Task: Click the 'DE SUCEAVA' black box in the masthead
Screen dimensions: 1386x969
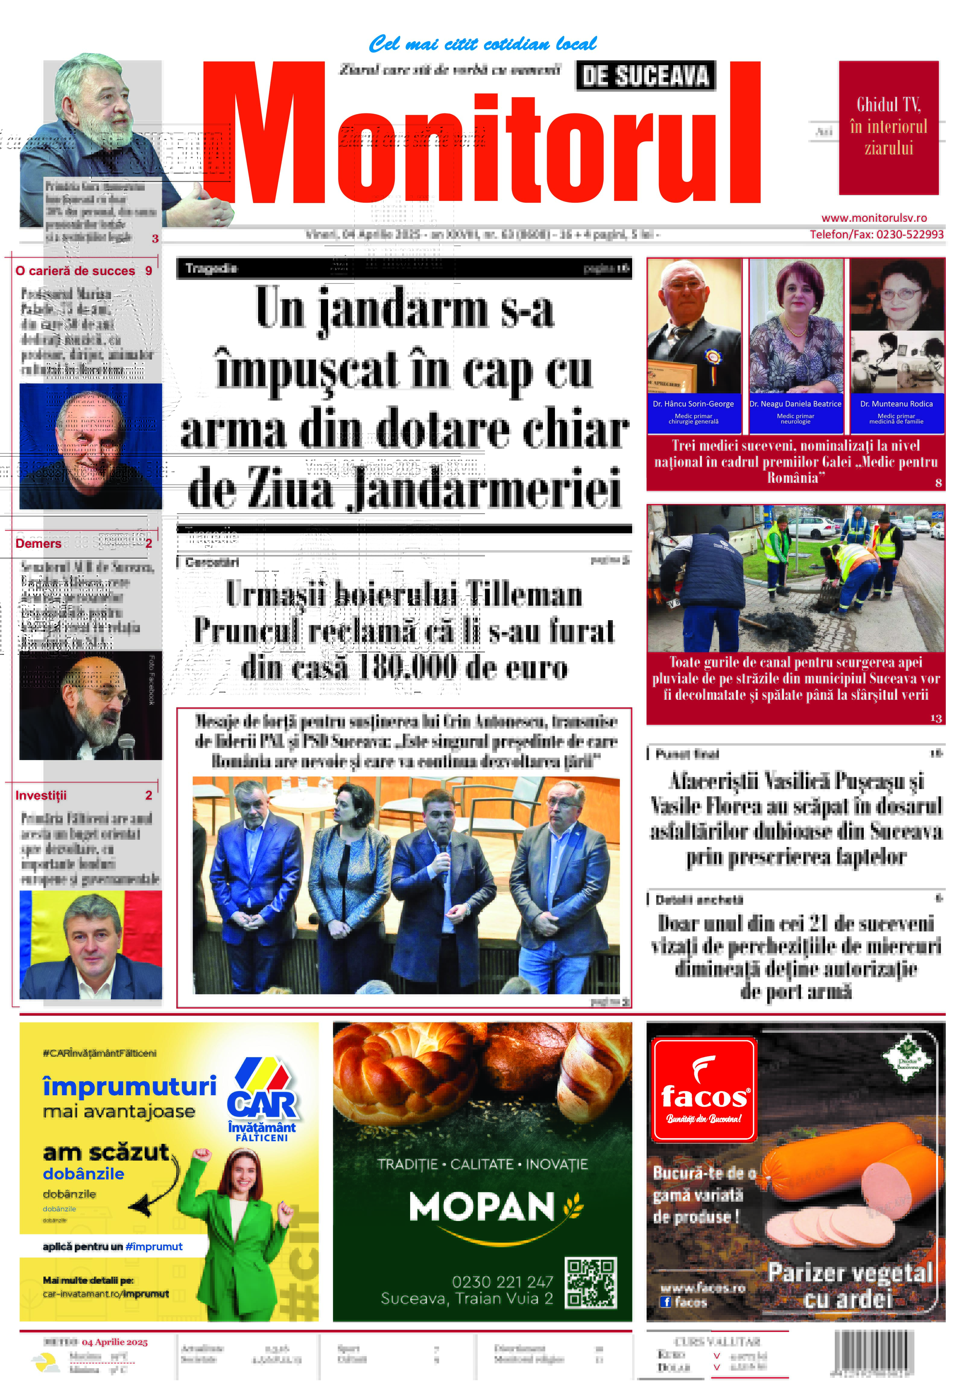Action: [x=645, y=76]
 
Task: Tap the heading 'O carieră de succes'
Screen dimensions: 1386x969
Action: [x=75, y=271]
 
